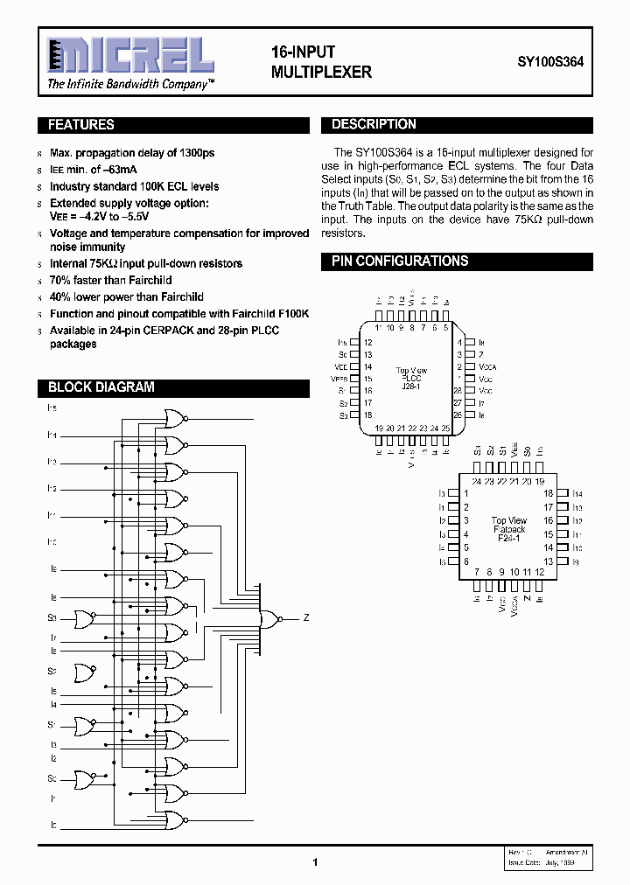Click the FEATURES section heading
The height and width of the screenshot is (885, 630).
coord(81,125)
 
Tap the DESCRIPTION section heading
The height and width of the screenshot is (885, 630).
coord(374,125)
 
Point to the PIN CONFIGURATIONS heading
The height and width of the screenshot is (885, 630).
coord(400,261)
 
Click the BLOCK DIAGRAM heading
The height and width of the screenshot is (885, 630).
coord(101,387)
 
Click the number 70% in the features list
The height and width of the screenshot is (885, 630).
coord(60,281)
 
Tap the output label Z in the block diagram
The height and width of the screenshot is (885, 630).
coord(306,618)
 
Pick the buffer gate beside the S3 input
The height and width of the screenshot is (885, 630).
coord(85,619)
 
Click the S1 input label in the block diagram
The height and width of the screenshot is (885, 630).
coord(52,725)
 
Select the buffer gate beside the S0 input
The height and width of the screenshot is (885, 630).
coord(85,777)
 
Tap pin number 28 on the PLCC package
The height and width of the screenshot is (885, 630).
coord(457,390)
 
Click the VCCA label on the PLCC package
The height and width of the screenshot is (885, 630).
coord(487,366)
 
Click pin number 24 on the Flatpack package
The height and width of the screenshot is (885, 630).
coord(476,481)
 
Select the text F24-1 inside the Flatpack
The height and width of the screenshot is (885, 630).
coord(508,540)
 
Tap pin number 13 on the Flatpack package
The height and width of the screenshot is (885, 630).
coord(549,561)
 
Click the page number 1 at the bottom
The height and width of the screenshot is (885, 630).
coord(314,862)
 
